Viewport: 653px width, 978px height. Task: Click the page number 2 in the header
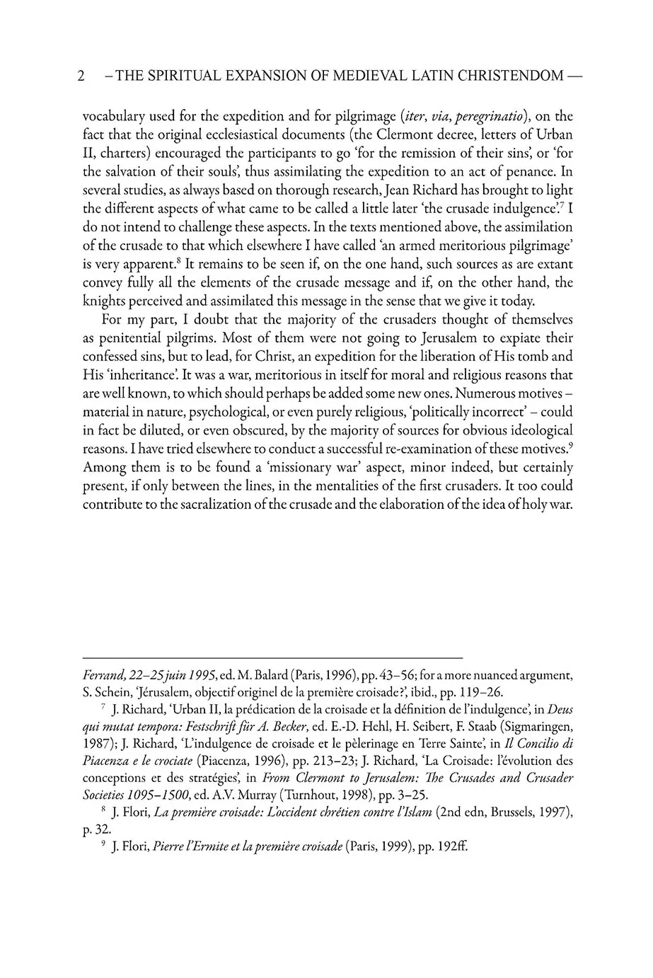[x=81, y=76]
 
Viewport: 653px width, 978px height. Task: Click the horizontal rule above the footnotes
[x=272, y=657]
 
